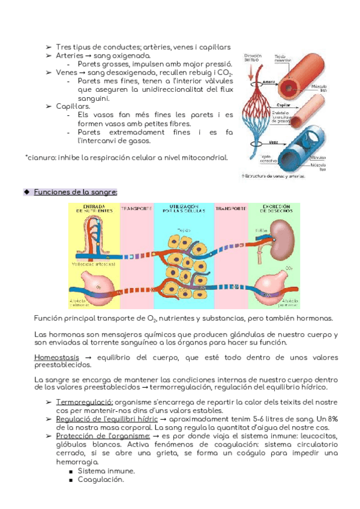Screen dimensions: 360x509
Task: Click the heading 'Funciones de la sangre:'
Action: point(76,191)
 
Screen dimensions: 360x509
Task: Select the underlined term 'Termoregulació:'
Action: point(84,402)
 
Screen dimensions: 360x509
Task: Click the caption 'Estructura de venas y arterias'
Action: point(274,176)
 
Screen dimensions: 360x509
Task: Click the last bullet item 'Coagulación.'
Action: point(101,480)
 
